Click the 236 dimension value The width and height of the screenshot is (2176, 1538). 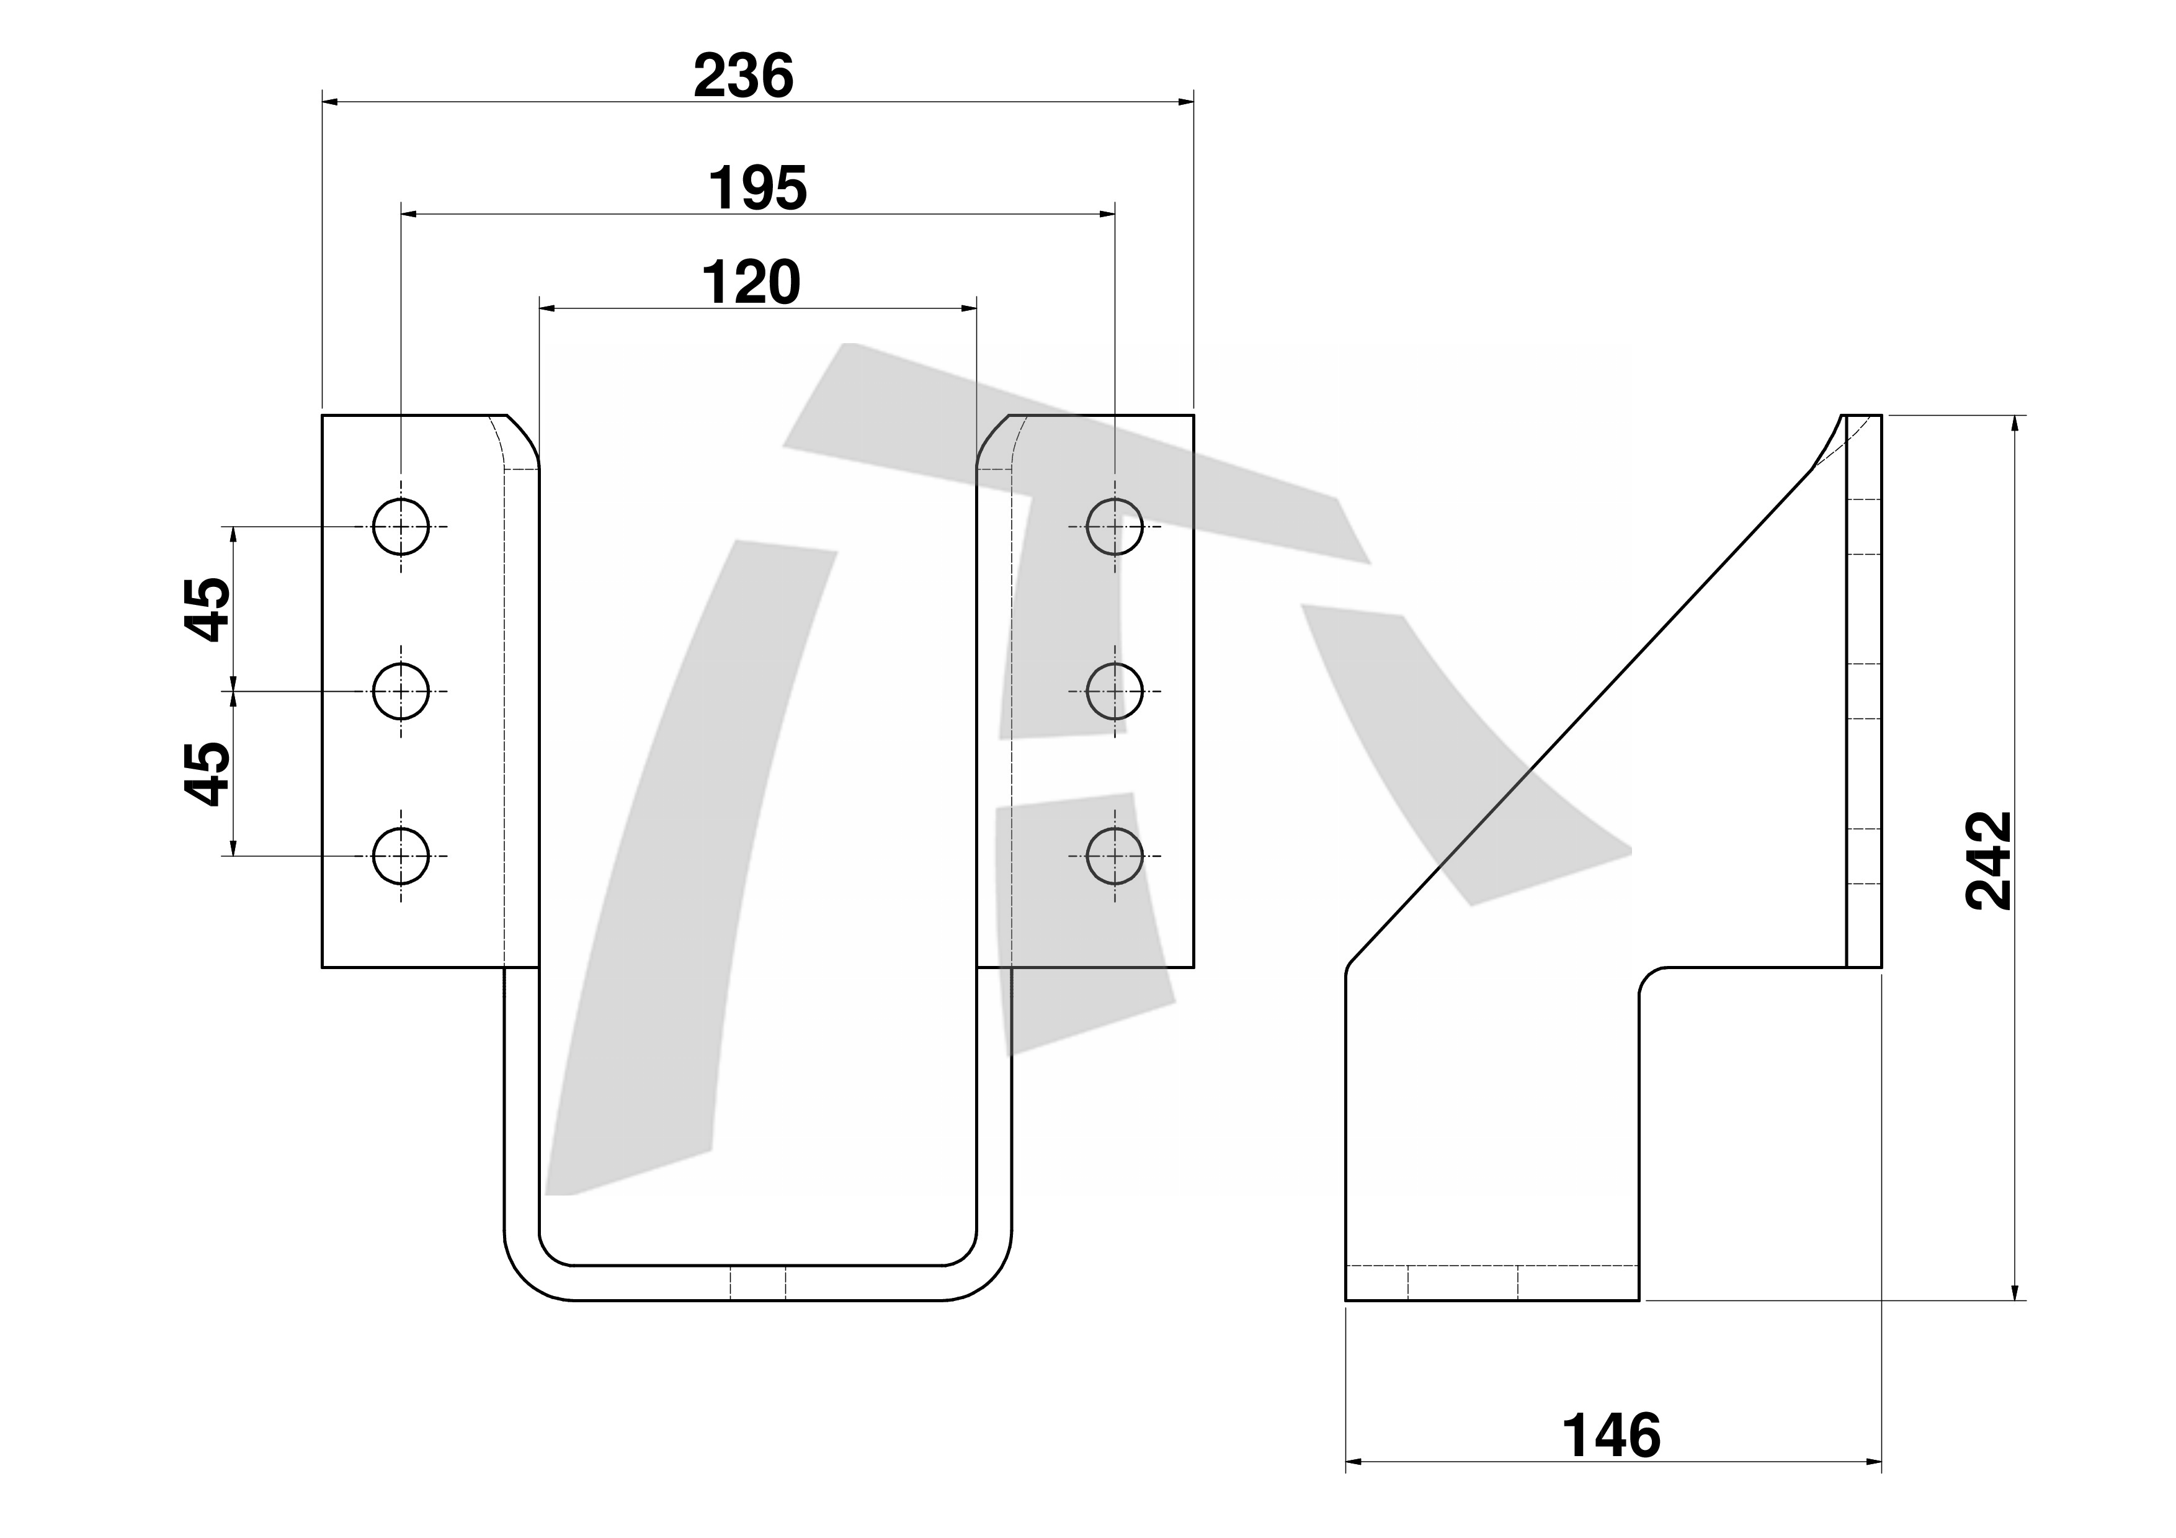tap(744, 77)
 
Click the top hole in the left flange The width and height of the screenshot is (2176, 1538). tap(401, 526)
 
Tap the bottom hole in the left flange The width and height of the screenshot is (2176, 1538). tap(401, 856)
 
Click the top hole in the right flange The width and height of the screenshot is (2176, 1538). tap(1115, 526)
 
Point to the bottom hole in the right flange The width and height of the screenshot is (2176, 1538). tap(1115, 856)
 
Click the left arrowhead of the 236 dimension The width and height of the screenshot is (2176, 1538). tap(330, 101)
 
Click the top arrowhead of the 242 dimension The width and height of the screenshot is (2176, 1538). tap(2015, 424)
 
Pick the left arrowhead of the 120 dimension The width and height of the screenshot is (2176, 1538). tap(547, 308)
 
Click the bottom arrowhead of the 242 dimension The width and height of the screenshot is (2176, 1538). tap(2015, 1292)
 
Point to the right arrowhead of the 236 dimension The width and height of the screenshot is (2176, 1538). tap(1185, 101)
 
